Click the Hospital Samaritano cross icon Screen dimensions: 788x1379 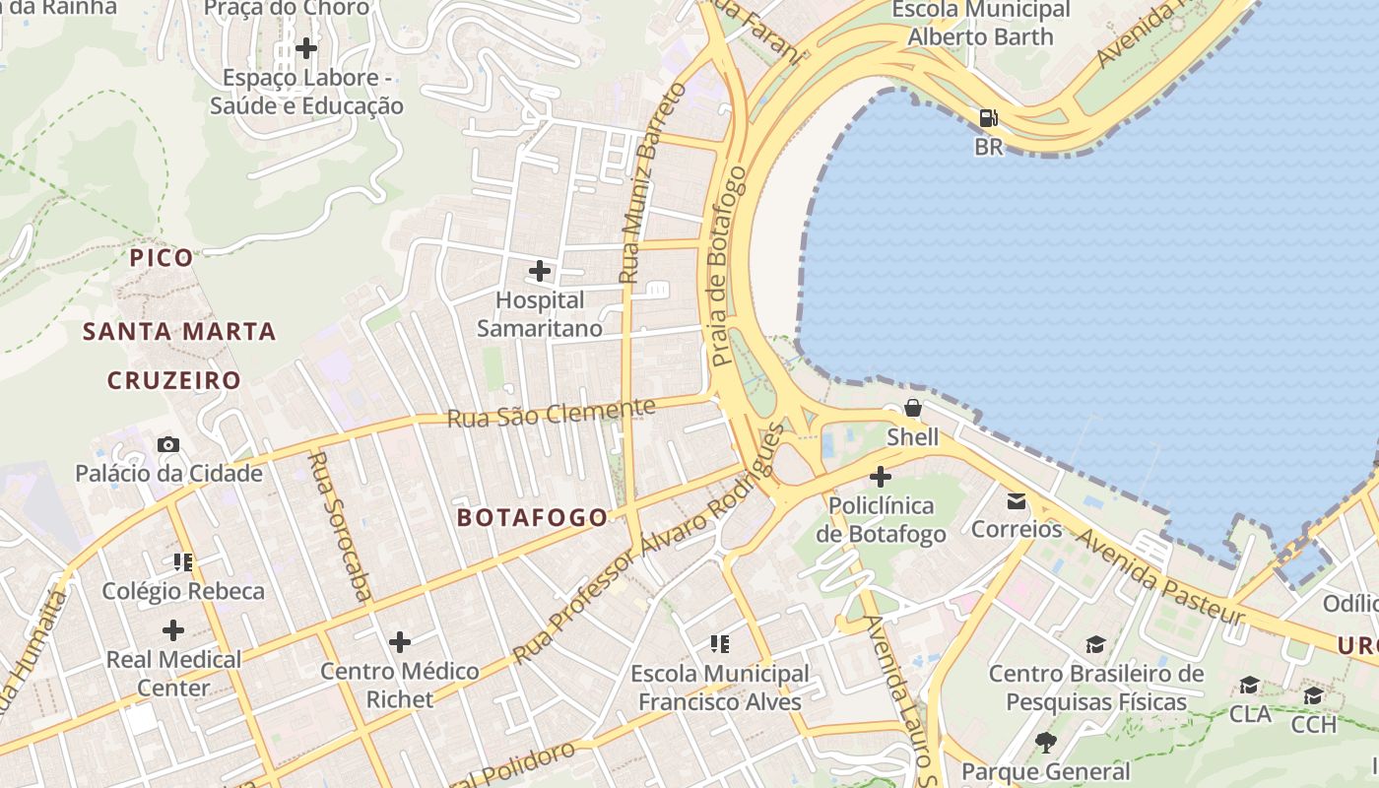(x=540, y=270)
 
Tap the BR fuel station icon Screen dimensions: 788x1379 (x=988, y=118)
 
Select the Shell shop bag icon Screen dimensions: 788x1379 (x=912, y=408)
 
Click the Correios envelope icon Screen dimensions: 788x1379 (x=1016, y=501)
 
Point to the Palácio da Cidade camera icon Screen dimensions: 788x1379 (x=168, y=444)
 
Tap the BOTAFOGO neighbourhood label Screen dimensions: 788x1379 (x=533, y=517)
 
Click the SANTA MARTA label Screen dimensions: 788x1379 (x=179, y=331)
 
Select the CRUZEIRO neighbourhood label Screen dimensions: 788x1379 (x=174, y=380)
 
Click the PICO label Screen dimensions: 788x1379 (x=163, y=258)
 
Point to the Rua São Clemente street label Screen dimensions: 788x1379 (x=551, y=413)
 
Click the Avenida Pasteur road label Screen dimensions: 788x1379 (x=1159, y=576)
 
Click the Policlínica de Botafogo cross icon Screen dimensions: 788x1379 (x=880, y=478)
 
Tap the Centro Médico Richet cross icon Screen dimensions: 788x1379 (x=399, y=642)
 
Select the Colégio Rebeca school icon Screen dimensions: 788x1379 (x=183, y=562)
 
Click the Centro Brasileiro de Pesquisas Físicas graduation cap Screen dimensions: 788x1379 (x=1095, y=645)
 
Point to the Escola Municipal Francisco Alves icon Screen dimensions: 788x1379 (x=720, y=644)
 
